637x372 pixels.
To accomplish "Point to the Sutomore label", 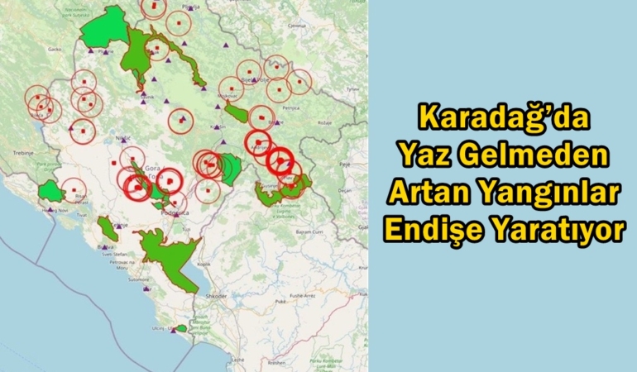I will (x=138, y=279).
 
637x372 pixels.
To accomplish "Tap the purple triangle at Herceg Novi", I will (x=50, y=210).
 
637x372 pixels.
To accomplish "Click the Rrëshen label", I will (x=276, y=362).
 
